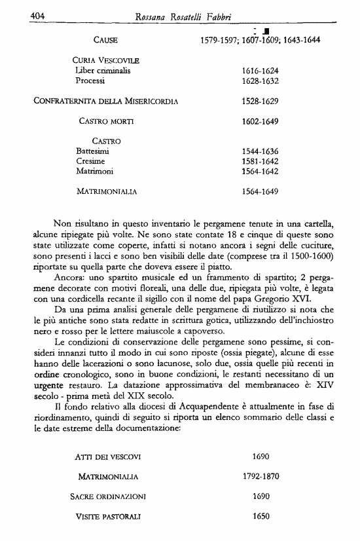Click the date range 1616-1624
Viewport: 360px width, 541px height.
261,71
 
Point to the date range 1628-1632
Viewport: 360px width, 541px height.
261,81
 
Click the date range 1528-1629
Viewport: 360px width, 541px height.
261,102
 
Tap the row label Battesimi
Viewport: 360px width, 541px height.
92,151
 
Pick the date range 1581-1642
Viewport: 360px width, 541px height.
261,161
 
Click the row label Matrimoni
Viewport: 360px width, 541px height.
95,172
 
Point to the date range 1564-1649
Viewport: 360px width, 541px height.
261,192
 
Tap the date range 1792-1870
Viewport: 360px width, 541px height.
261,476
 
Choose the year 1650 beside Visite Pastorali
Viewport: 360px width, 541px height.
261,516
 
